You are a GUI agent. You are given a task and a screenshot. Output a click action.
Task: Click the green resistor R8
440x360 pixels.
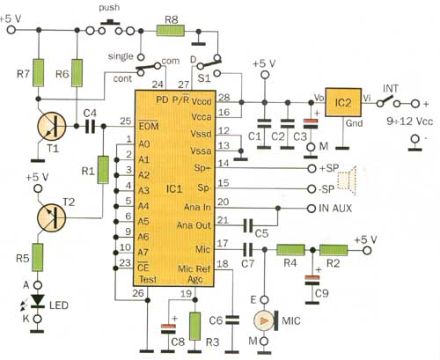(171, 31)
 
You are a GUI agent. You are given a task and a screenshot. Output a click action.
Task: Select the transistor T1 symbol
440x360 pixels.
(52, 127)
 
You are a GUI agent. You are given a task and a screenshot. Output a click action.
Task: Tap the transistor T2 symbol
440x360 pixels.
(52, 217)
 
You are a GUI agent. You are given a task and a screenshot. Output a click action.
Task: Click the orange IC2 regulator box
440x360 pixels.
(343, 102)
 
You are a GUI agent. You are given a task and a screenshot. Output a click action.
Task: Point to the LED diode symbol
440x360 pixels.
(38, 301)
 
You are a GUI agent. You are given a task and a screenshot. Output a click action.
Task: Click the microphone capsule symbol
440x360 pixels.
(266, 321)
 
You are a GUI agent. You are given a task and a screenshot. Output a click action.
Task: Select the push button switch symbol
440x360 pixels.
(110, 27)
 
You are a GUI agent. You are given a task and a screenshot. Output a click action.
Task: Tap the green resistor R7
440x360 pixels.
(38, 73)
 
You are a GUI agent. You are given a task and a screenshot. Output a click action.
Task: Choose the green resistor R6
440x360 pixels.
(77, 73)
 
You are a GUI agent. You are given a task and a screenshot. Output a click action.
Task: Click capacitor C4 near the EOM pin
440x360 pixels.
(90, 126)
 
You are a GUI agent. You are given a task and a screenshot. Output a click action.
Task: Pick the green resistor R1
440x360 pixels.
(103, 170)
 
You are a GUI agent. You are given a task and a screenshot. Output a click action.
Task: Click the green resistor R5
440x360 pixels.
(38, 257)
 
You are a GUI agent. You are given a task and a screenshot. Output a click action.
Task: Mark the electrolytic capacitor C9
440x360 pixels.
(312, 281)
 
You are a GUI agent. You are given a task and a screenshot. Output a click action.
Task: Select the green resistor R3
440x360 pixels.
(195, 327)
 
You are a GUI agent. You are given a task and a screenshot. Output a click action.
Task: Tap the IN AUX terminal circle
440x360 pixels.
(312, 209)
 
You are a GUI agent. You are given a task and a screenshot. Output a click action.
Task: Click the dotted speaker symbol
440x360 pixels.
(347, 180)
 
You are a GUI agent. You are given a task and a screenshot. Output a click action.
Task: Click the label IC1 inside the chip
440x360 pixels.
(174, 188)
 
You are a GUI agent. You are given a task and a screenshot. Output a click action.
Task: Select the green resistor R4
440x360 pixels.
(291, 250)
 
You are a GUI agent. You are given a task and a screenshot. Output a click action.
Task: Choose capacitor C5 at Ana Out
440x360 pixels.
(248, 225)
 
